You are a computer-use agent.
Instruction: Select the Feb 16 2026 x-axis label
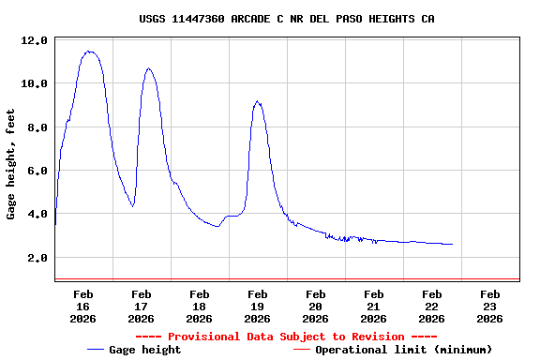(82, 306)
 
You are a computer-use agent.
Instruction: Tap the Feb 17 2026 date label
(141, 306)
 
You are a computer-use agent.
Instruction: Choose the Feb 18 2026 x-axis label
(199, 306)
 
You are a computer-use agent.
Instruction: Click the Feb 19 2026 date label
(257, 306)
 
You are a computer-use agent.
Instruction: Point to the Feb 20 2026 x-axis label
(315, 306)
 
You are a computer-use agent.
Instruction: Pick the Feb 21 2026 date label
(373, 306)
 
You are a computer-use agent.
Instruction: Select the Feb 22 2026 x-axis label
(431, 306)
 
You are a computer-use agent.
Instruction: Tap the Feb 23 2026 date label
(489, 306)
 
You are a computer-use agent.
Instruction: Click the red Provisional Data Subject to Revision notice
(286, 337)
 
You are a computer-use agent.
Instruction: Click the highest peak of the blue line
(89, 52)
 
